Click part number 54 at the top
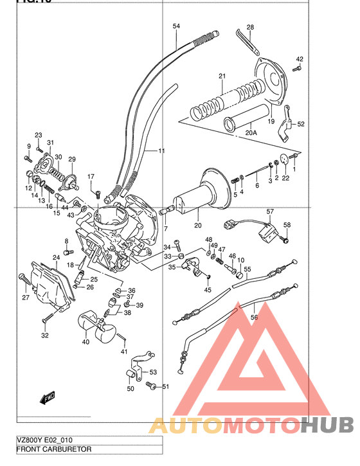177,26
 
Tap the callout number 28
250,27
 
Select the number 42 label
299,60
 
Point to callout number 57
271,211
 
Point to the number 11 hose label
161,151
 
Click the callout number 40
86,342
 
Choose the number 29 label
72,159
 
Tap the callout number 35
172,267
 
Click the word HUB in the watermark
327,426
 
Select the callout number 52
301,124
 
